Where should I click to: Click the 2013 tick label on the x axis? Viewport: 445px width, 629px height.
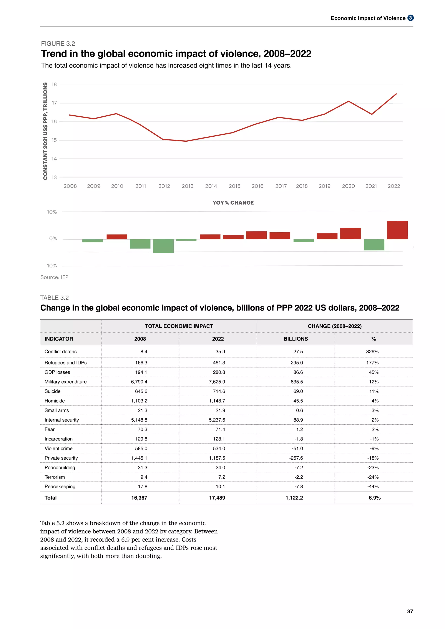click(188, 186)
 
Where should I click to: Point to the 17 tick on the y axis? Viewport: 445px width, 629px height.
click(54, 103)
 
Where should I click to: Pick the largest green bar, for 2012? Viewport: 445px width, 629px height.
click(163, 246)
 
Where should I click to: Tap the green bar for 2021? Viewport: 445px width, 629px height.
click(374, 245)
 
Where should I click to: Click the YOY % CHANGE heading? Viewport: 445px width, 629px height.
click(233, 203)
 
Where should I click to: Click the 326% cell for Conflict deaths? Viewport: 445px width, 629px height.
click(372, 351)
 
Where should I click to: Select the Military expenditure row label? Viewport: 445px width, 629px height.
click(65, 382)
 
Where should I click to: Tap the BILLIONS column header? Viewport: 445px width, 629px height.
click(296, 339)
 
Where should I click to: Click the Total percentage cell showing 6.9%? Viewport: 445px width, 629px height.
click(374, 498)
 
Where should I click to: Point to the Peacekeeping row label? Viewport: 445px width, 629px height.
click(60, 487)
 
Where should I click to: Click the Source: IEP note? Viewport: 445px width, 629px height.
click(54, 277)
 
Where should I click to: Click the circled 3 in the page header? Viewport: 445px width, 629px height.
click(410, 18)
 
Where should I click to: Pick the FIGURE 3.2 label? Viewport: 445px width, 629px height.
click(58, 44)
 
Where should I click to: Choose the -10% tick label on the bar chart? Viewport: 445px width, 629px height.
click(51, 266)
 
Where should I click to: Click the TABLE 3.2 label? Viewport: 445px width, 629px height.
click(55, 298)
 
